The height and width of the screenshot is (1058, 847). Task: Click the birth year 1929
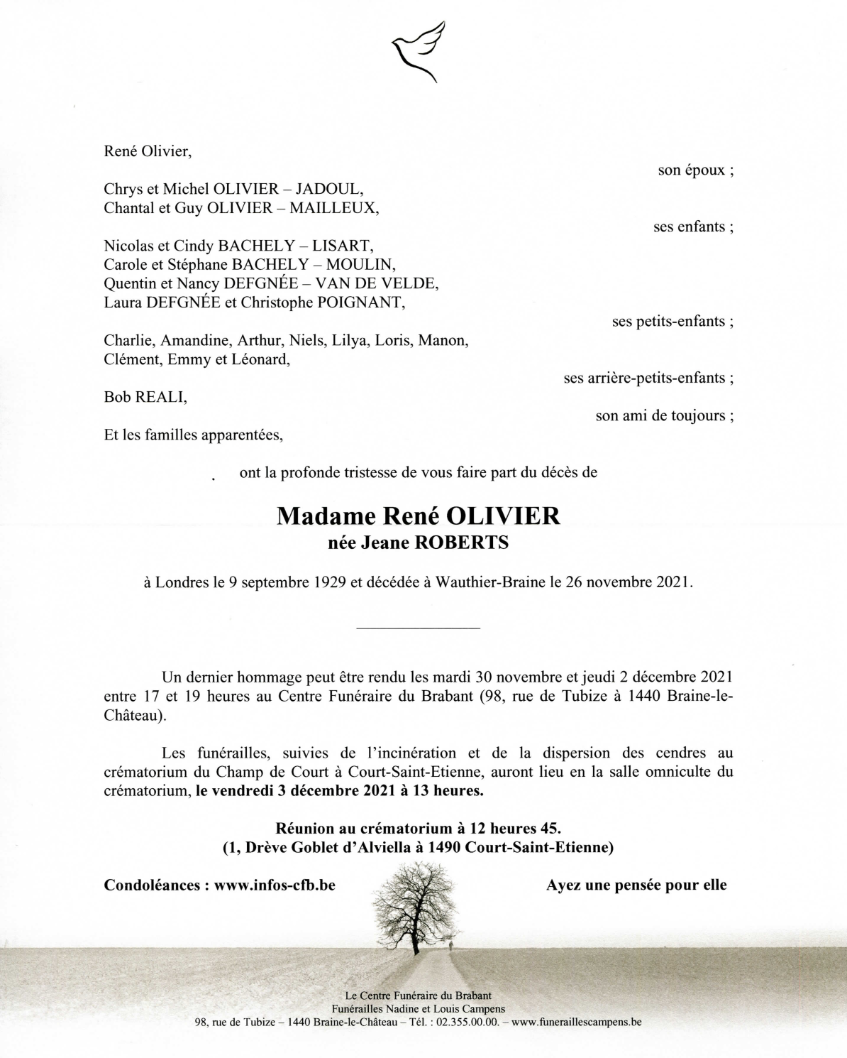coord(328,582)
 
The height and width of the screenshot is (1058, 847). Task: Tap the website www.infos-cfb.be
coord(275,885)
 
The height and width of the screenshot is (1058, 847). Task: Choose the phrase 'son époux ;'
coord(695,170)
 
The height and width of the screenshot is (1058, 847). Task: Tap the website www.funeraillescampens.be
coord(576,1022)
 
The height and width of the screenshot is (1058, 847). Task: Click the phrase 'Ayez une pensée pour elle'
coord(636,885)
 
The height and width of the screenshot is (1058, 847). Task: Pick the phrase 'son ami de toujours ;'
coord(664,416)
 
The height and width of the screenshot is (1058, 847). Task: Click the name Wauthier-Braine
coord(490,582)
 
